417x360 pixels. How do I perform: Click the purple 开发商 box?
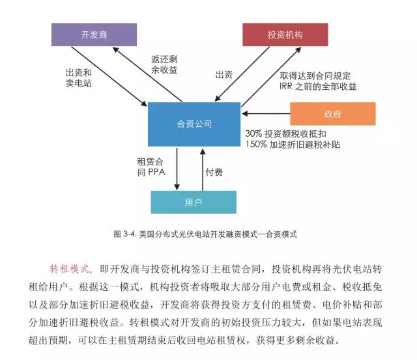point(94,35)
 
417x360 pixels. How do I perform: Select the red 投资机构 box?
point(285,35)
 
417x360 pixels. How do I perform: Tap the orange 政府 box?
point(332,113)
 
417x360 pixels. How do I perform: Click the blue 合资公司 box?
point(194,124)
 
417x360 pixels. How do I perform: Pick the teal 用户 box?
point(194,202)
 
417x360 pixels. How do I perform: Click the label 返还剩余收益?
point(164,64)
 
